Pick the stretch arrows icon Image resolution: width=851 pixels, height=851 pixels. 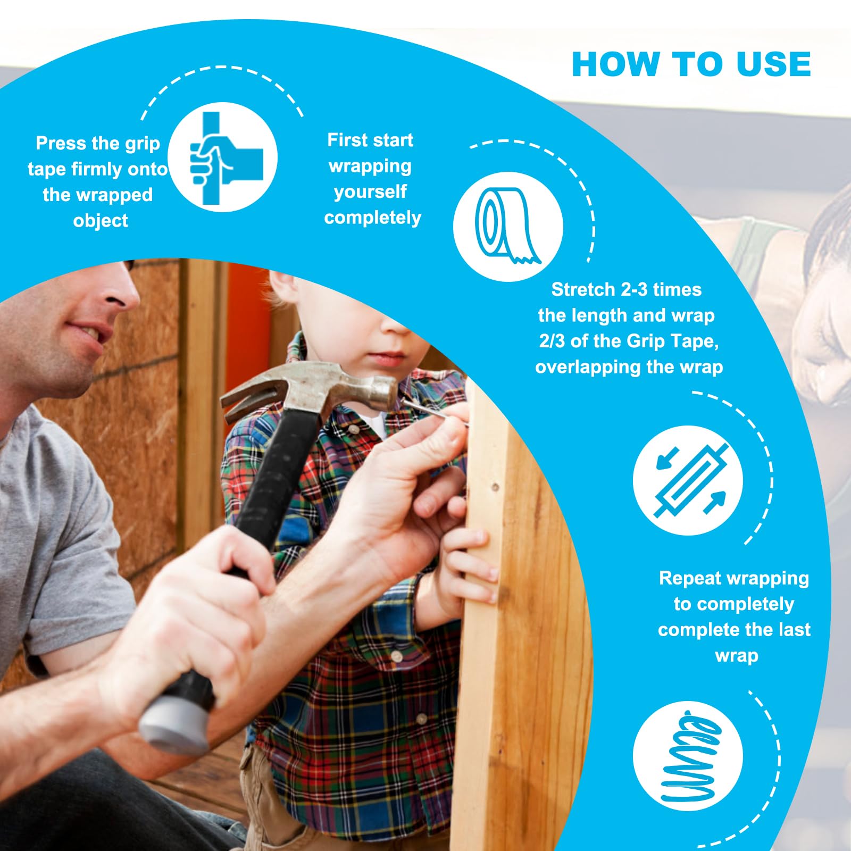click(x=688, y=480)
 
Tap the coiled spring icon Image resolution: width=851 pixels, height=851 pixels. click(x=688, y=756)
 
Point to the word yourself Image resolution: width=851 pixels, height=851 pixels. click(x=370, y=192)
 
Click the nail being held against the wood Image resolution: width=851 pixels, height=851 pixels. click(x=433, y=413)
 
